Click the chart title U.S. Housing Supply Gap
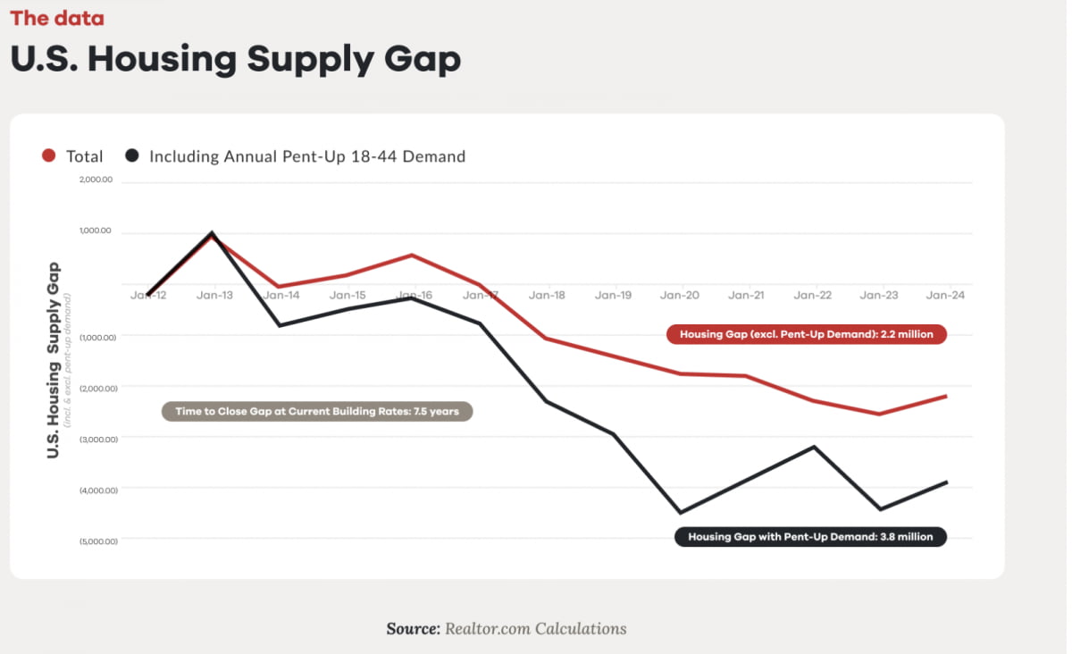[x=235, y=58]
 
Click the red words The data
[x=57, y=18]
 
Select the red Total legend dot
[x=50, y=156]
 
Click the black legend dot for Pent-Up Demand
[x=132, y=156]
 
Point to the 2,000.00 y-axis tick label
[x=95, y=180]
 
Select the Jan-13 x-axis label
[x=214, y=295]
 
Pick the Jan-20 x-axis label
[x=680, y=295]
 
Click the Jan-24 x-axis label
[x=946, y=295]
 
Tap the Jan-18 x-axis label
[x=547, y=295]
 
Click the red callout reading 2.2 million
[x=806, y=334]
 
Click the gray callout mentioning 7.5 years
[x=316, y=412]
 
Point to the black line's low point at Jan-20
[x=681, y=513]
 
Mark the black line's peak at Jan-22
[x=814, y=446]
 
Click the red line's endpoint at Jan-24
[x=946, y=396]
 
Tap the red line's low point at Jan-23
[x=880, y=414]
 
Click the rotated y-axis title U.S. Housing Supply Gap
[x=54, y=359]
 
